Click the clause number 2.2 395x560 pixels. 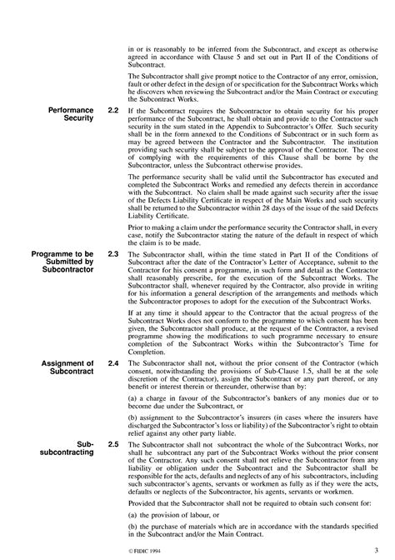coord(112,110)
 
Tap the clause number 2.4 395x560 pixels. coord(112,364)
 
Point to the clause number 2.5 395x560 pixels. coord(112,447)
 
